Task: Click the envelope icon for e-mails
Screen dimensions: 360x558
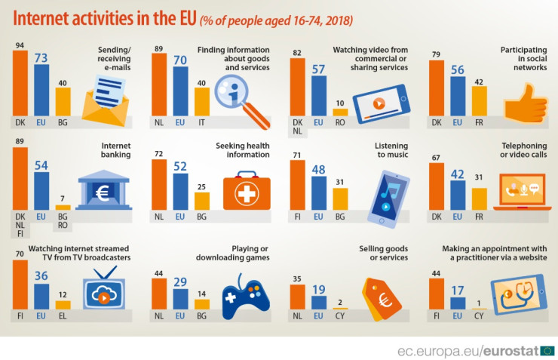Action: [x=107, y=102]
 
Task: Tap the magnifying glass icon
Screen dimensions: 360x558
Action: [x=240, y=100]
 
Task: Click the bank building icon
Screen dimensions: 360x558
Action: [x=103, y=188]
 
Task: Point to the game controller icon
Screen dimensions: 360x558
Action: [x=247, y=297]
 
